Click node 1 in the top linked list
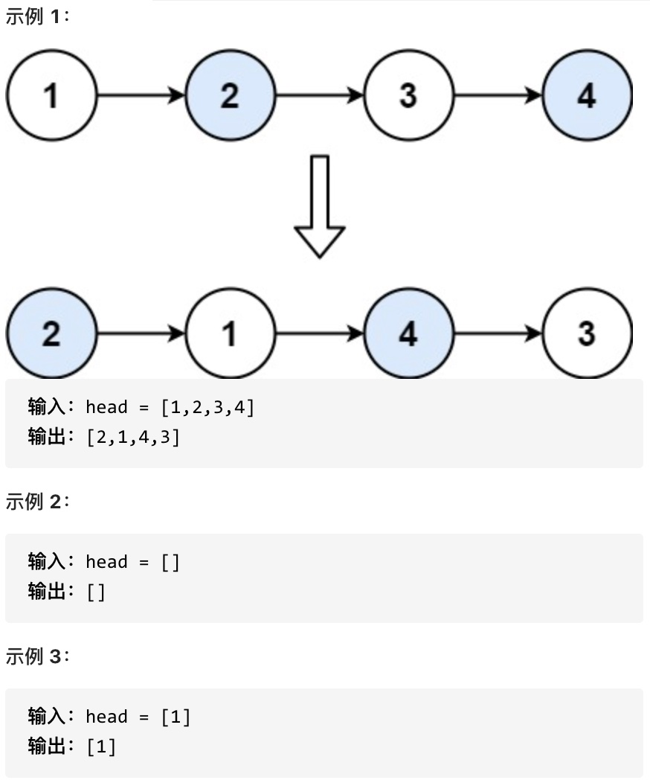(x=51, y=95)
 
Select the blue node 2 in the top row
(x=230, y=95)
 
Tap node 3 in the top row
(x=408, y=95)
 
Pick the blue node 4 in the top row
(x=587, y=95)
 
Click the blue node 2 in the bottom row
(x=51, y=333)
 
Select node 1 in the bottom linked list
(x=230, y=333)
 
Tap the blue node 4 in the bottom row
(x=408, y=333)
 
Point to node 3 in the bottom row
(x=587, y=333)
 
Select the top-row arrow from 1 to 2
(x=141, y=95)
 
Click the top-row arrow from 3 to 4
(x=498, y=95)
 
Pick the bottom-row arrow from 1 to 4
(x=319, y=333)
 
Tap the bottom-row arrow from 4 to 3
(x=498, y=333)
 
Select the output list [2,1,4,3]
(x=133, y=437)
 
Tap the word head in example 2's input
(x=106, y=562)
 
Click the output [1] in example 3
(x=101, y=747)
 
